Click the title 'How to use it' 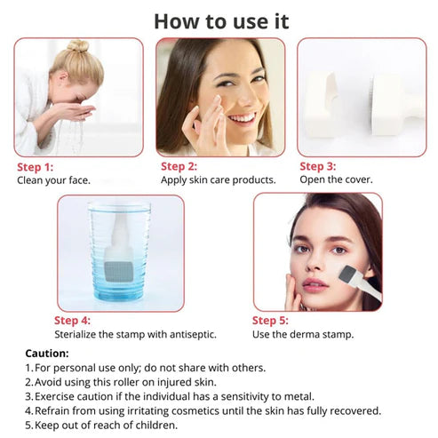click(x=221, y=21)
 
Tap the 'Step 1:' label click(x=36, y=167)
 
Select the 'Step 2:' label click(x=179, y=166)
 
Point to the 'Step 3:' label click(x=318, y=166)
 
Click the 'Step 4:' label click(x=72, y=321)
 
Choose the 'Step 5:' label click(x=270, y=321)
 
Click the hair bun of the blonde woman click(x=78, y=46)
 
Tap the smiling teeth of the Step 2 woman click(x=243, y=118)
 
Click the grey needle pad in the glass click(x=118, y=272)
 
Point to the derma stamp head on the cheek click(x=347, y=275)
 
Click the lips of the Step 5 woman click(x=315, y=285)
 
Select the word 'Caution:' click(x=47, y=354)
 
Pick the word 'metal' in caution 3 click(x=299, y=396)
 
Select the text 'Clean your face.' click(x=53, y=180)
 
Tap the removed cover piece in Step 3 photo click(x=323, y=106)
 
